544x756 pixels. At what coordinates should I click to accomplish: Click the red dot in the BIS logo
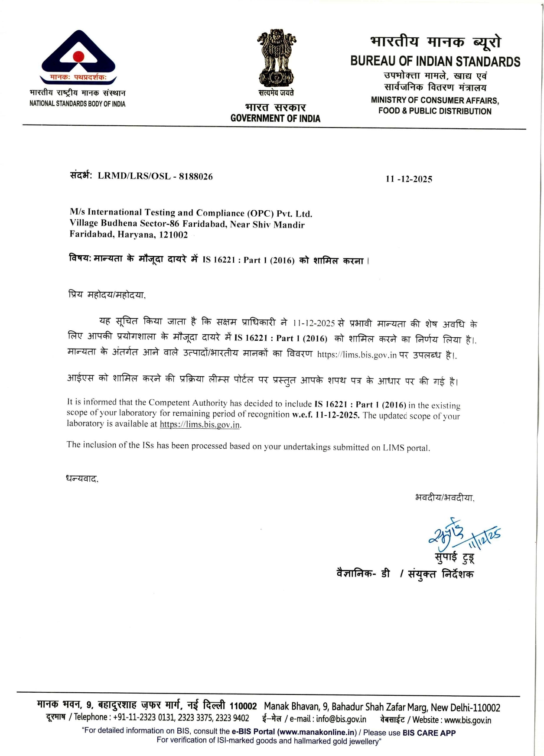pos(78,56)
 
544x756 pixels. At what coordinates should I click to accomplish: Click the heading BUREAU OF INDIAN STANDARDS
pos(435,62)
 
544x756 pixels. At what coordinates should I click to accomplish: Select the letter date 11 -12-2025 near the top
pos(409,179)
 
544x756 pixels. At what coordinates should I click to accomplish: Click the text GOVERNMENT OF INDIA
pos(275,118)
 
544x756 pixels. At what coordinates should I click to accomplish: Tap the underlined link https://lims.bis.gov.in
pos(200,424)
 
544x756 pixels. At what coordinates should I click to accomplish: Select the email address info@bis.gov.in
pos(341,719)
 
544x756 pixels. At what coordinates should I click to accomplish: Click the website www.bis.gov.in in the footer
pos(468,720)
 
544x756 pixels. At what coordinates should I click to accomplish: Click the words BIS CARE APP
pos(429,733)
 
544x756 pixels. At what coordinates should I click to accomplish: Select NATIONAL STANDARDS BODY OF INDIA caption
pos(77,104)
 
